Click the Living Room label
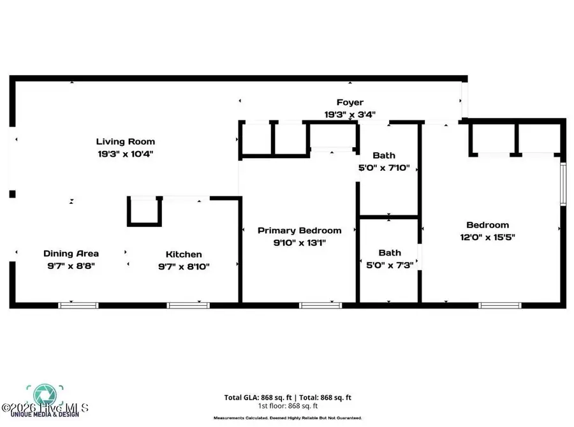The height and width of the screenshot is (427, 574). point(125,141)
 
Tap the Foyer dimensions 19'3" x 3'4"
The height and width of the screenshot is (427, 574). point(350,115)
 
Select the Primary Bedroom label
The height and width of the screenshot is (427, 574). point(299,230)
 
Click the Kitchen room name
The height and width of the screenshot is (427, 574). point(184,254)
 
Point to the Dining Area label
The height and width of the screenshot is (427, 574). point(71,254)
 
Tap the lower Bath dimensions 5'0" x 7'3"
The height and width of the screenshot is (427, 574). point(390,266)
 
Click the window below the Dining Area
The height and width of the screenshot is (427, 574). point(78,305)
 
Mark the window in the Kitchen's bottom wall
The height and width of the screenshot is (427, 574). point(186,305)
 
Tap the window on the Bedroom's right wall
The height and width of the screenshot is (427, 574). point(563,185)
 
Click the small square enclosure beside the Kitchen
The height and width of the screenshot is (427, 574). point(144,212)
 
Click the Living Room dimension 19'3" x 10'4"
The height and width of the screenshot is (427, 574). point(125,154)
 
